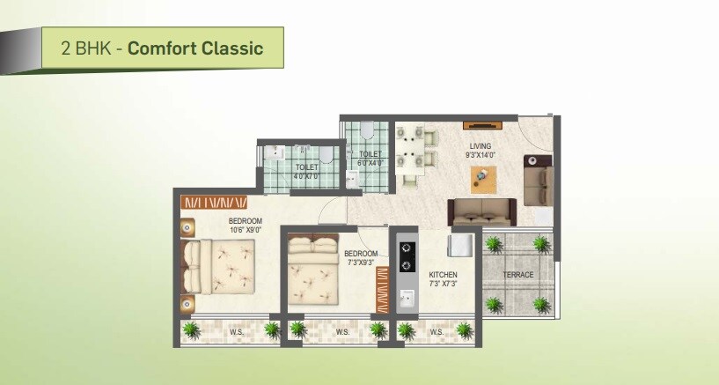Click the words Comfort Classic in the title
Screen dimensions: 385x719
(x=195, y=48)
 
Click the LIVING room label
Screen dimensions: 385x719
(x=481, y=146)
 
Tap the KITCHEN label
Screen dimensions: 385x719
(x=443, y=275)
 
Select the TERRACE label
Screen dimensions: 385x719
(x=518, y=275)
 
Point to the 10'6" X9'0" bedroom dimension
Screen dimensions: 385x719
(x=246, y=231)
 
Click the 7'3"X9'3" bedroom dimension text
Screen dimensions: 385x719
(x=360, y=263)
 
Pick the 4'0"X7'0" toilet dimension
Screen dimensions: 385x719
(x=307, y=176)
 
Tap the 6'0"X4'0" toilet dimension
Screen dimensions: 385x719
(x=370, y=163)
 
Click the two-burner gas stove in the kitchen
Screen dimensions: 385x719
(x=407, y=255)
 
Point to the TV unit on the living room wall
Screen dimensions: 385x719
(x=478, y=124)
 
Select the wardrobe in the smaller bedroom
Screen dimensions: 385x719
(x=383, y=291)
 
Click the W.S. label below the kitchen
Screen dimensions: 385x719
(x=437, y=332)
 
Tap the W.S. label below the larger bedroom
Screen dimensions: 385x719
(x=237, y=332)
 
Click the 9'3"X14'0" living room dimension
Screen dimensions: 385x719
(x=481, y=155)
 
